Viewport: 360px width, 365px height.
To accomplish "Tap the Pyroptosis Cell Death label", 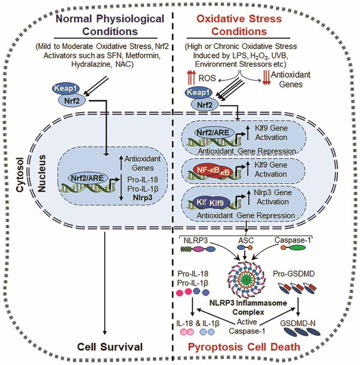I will tap(268, 346).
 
